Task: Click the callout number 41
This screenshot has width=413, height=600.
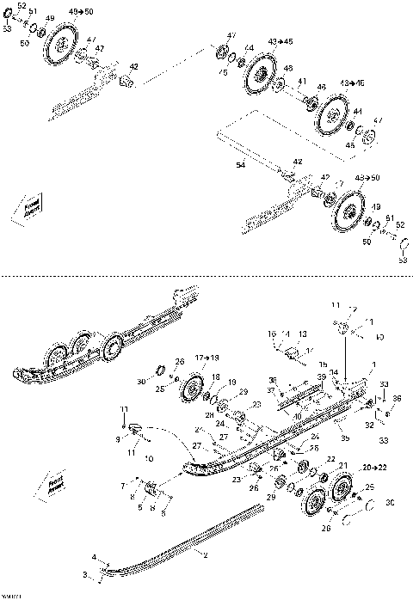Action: [302, 81]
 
